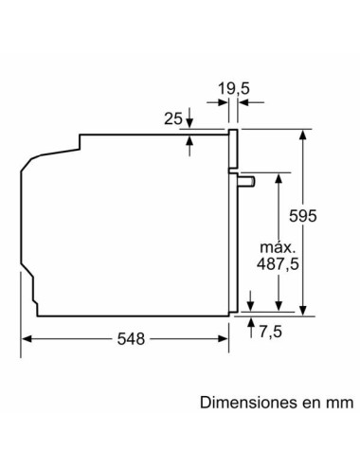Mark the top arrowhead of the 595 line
tap(303, 135)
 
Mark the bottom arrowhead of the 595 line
tap(303, 307)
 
